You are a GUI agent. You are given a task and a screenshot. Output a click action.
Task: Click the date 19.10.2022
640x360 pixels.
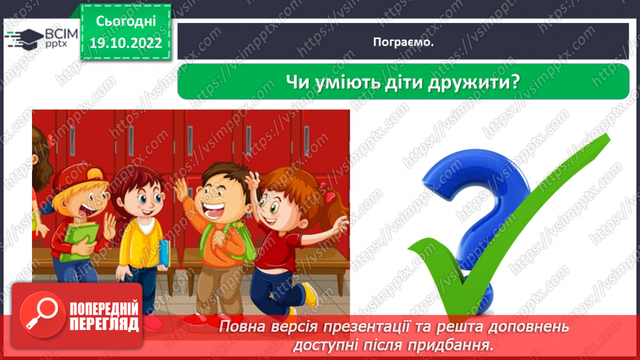[126, 42]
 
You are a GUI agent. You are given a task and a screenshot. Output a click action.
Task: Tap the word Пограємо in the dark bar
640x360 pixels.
[402, 42]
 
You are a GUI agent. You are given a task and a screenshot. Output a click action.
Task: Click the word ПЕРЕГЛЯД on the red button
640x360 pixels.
[105, 323]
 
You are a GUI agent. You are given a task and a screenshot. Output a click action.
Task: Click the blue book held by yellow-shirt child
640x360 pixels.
[164, 253]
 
